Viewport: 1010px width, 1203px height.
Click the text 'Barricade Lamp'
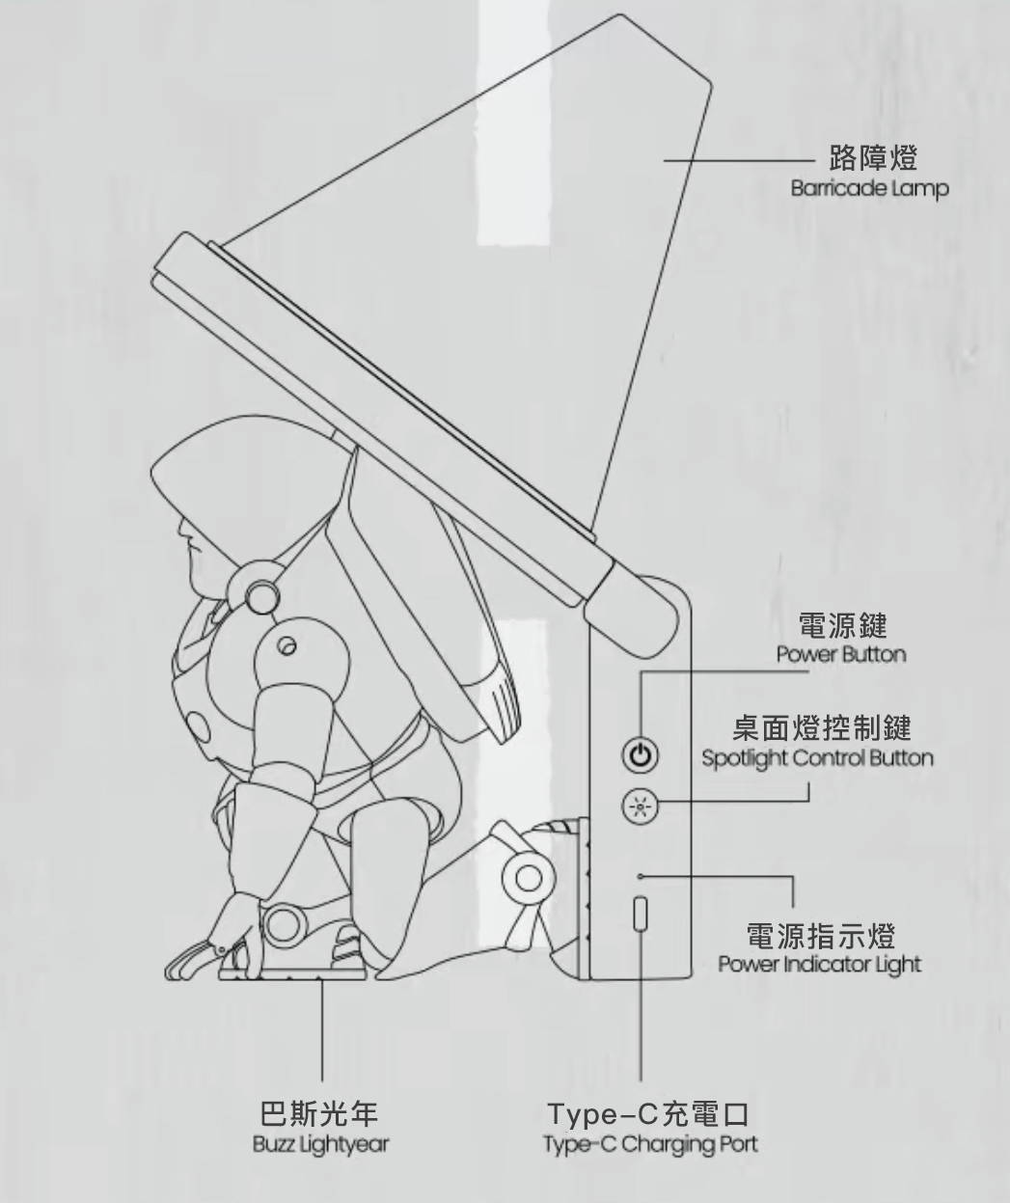pos(869,188)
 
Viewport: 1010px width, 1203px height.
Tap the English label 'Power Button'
pos(842,654)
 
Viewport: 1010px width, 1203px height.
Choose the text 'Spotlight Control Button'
pos(817,757)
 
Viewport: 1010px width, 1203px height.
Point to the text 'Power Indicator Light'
pos(819,964)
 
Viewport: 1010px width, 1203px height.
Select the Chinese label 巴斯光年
pos(320,1114)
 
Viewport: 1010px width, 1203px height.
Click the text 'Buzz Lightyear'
pos(320,1144)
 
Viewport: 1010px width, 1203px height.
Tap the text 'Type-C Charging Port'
pos(649,1144)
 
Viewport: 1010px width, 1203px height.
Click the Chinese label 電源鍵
pos(843,625)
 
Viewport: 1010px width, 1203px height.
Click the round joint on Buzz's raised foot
pos(529,877)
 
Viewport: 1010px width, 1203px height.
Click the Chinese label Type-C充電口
pos(648,1114)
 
